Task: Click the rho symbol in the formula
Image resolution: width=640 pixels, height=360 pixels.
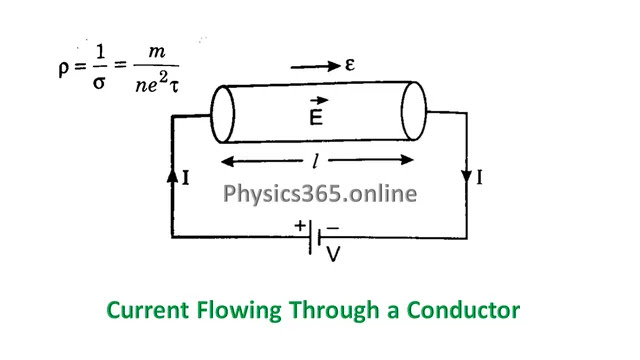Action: point(63,68)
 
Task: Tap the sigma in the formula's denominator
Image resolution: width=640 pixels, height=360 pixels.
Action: point(99,83)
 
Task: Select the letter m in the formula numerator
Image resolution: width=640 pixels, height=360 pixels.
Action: point(157,52)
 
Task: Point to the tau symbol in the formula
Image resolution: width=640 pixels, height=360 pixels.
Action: point(174,86)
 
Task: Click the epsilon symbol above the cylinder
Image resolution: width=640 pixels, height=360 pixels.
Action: point(350,64)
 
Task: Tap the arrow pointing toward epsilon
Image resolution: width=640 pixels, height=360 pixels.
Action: point(315,66)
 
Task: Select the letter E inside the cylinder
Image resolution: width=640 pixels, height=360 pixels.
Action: point(316,118)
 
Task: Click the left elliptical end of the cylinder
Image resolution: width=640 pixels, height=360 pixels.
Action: point(222,114)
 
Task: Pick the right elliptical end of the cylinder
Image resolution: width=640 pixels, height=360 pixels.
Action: point(414,111)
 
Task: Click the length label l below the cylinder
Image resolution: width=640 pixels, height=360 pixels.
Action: point(315,160)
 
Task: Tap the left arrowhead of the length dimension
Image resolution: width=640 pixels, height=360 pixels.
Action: point(228,162)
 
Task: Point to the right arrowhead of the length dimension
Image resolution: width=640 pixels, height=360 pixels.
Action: point(407,160)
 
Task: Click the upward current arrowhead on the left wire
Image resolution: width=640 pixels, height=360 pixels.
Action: point(173,176)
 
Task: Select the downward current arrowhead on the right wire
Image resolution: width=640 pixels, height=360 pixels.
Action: point(467,176)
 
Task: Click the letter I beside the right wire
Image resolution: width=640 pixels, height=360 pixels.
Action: point(479,178)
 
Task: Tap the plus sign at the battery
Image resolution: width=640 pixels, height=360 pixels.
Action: point(300,225)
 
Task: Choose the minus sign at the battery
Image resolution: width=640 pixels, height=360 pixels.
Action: point(333,228)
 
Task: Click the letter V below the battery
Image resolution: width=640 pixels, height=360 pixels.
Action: point(333,254)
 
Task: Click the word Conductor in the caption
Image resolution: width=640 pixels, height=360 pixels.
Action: point(463,310)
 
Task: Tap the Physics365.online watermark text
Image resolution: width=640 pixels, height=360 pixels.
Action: point(320,193)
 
